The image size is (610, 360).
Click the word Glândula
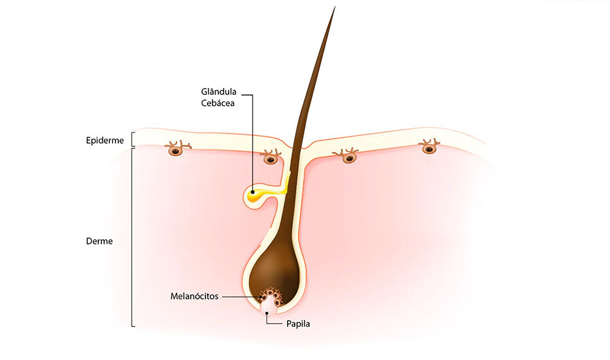point(218,92)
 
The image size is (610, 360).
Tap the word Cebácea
point(218,103)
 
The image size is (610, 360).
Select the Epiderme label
point(105,141)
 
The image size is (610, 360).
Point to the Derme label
point(99,241)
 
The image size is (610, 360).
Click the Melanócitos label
point(194,296)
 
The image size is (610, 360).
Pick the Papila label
point(298,324)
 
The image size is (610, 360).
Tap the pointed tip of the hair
point(335,7)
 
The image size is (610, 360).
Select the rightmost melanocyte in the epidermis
point(429,147)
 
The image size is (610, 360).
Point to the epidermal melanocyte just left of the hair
point(270,157)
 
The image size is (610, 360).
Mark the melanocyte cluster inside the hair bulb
point(271,297)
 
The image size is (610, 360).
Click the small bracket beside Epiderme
point(132,139)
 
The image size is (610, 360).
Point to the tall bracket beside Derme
point(133,237)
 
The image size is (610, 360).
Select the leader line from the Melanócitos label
point(241,296)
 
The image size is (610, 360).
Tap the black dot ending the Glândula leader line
point(253,192)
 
